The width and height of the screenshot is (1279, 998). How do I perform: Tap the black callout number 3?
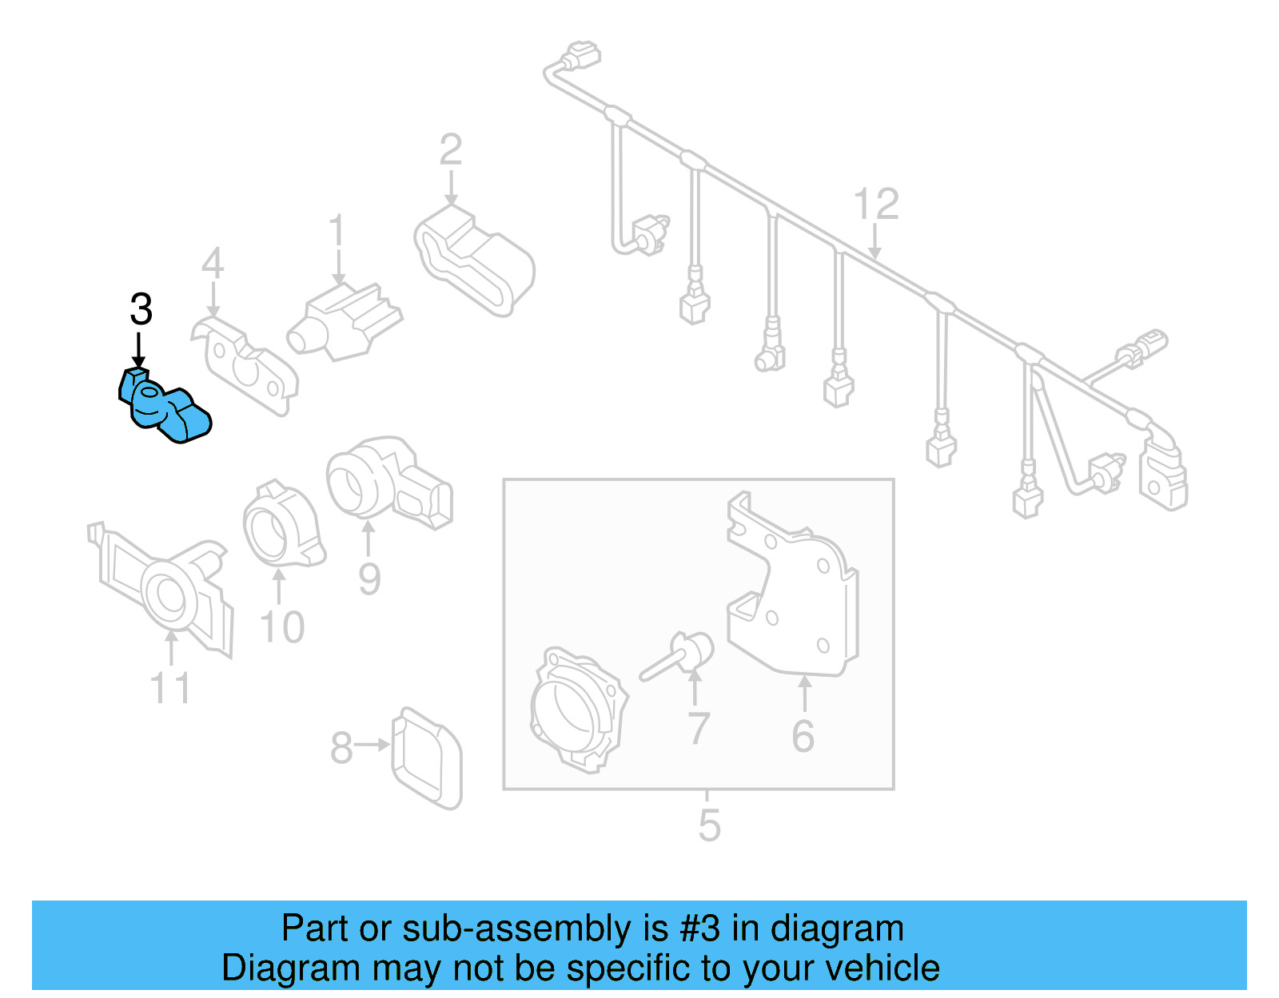point(141,310)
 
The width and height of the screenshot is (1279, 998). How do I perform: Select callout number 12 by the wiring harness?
point(876,205)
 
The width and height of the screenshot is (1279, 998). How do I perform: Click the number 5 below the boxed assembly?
point(709,825)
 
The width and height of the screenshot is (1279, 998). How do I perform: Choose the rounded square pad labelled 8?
point(428,757)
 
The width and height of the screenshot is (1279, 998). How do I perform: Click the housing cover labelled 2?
point(476,260)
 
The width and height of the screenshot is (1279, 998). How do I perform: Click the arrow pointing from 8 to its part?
point(372,745)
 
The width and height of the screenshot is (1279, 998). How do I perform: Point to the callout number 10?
point(282,627)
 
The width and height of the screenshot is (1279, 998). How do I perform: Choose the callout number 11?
point(170,688)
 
